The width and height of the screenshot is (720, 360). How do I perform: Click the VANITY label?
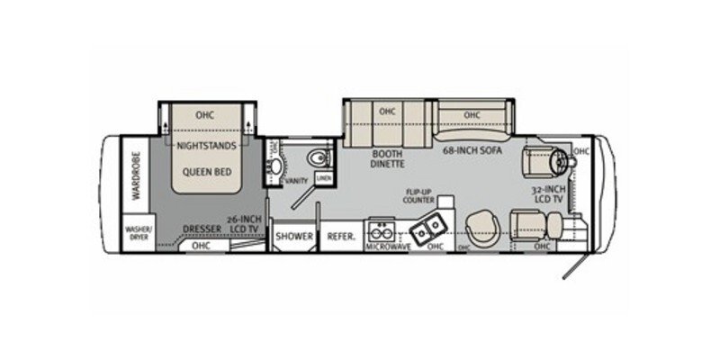pyautogui.click(x=296, y=182)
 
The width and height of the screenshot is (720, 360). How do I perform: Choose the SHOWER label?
pyautogui.click(x=293, y=237)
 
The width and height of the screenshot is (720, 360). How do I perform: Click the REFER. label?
pyautogui.click(x=341, y=237)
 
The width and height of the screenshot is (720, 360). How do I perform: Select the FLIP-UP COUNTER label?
pyautogui.click(x=420, y=198)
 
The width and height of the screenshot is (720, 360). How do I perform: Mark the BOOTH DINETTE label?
pyautogui.click(x=387, y=158)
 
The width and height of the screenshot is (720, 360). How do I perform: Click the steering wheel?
pyautogui.click(x=561, y=161)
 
